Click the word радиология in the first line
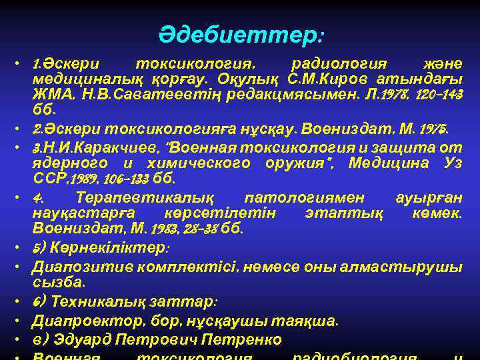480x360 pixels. point(339,65)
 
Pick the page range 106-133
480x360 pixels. point(121,179)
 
